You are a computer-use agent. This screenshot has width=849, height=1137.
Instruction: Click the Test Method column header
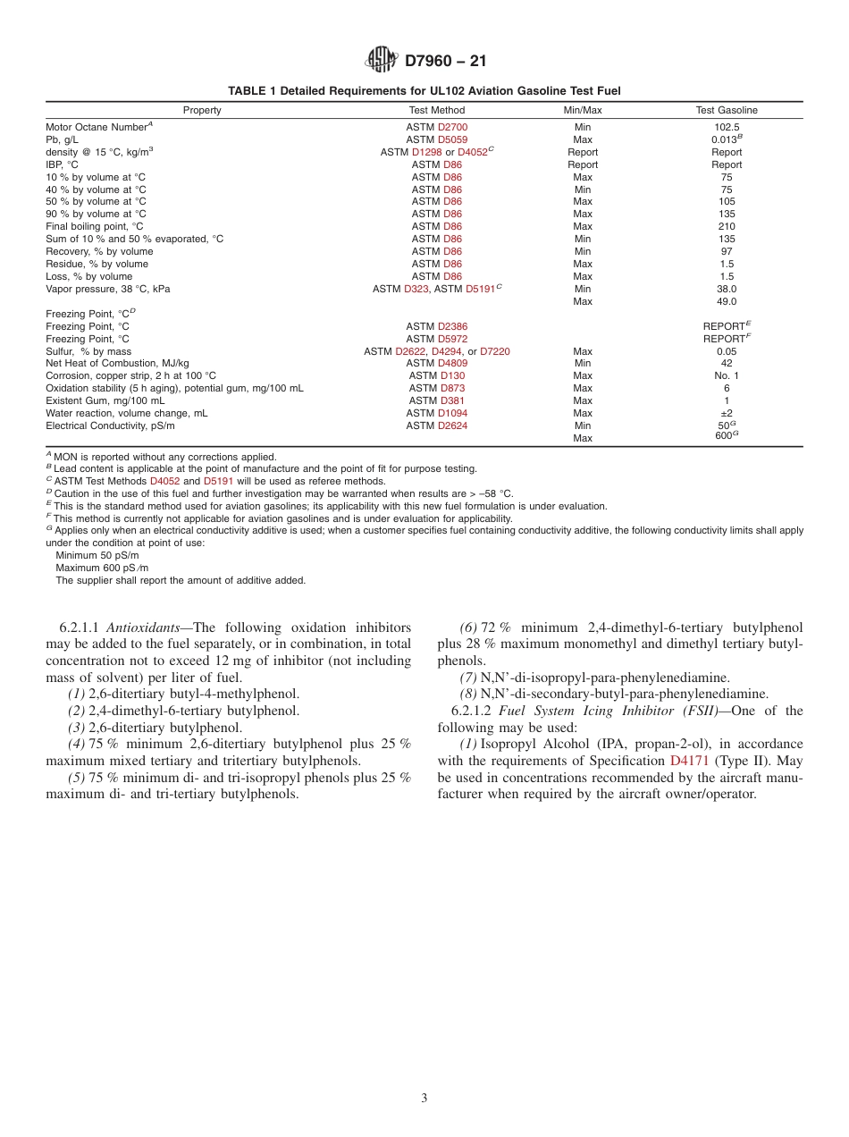click(x=437, y=110)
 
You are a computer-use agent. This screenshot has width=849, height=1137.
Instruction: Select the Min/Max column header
click(x=582, y=110)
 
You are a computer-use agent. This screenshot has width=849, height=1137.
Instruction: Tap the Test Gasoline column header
click(x=727, y=110)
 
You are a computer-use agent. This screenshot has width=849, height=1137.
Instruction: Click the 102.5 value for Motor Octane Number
click(x=727, y=127)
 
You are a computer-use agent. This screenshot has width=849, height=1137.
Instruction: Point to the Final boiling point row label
click(x=94, y=226)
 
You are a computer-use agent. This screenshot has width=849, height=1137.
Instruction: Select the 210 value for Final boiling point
click(x=727, y=226)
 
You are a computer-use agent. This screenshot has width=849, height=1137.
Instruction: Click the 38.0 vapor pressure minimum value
click(x=727, y=289)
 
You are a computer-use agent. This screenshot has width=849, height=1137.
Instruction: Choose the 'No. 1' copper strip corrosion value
click(x=727, y=375)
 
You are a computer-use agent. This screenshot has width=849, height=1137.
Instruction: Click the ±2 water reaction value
click(x=727, y=413)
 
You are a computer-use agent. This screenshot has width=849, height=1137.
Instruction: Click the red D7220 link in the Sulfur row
click(x=495, y=351)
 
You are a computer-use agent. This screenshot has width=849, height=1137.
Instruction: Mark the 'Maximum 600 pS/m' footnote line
click(x=102, y=568)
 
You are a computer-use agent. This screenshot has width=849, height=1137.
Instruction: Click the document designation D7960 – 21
click(x=446, y=62)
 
